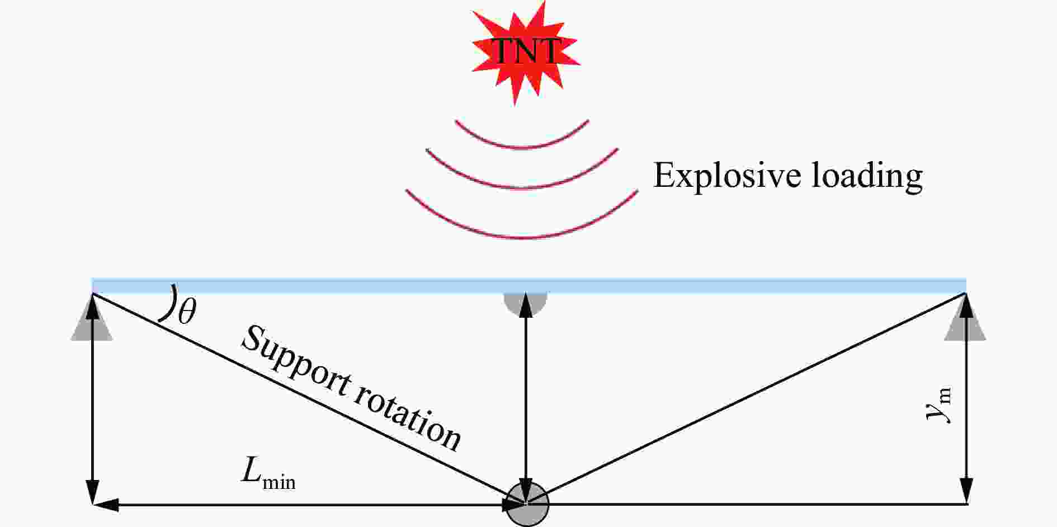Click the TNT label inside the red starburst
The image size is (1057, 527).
click(x=525, y=51)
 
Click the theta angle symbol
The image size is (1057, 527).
click(x=187, y=313)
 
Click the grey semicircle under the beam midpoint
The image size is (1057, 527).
click(x=525, y=302)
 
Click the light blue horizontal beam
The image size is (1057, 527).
click(x=528, y=285)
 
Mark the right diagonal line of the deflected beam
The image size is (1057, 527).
click(x=749, y=397)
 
